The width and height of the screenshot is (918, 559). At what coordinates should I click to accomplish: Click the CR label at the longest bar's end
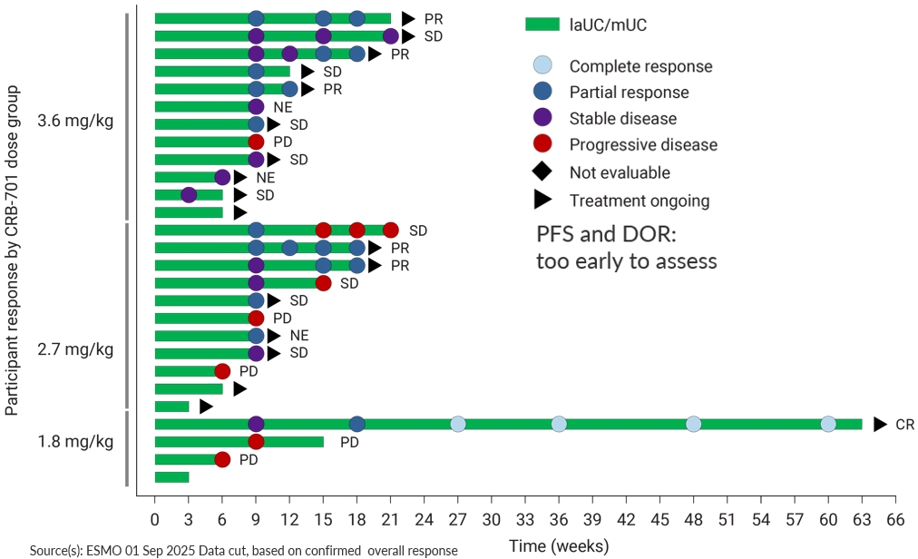click(x=904, y=424)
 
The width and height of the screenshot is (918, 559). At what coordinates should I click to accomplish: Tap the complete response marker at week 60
click(x=828, y=424)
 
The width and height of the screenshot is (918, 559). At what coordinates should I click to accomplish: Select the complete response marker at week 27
click(x=458, y=424)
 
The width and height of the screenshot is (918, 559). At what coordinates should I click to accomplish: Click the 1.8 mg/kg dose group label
click(x=75, y=442)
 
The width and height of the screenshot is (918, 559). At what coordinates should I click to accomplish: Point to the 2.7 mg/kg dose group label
click(x=75, y=348)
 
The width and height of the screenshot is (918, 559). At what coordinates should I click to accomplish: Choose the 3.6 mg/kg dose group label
click(x=75, y=121)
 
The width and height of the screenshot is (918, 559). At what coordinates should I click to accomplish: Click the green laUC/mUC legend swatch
click(x=542, y=25)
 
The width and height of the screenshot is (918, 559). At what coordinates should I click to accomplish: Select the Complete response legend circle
click(x=542, y=65)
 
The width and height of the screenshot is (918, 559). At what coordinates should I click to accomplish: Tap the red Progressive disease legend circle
click(x=542, y=144)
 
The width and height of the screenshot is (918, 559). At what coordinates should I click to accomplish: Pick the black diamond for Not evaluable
click(x=542, y=172)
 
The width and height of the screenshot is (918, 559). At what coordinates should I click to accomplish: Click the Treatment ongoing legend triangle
click(x=542, y=201)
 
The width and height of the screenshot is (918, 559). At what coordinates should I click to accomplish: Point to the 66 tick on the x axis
click(x=895, y=521)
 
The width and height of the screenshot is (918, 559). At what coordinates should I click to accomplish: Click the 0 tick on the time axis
click(x=155, y=521)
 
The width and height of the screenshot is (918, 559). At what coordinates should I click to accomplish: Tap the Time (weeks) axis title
click(x=558, y=546)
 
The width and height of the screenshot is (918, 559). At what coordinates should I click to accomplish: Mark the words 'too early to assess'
click(x=627, y=261)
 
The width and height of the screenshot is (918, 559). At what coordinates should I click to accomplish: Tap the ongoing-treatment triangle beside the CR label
click(x=879, y=424)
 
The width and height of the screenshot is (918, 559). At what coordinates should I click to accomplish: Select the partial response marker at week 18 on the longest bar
click(x=357, y=424)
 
